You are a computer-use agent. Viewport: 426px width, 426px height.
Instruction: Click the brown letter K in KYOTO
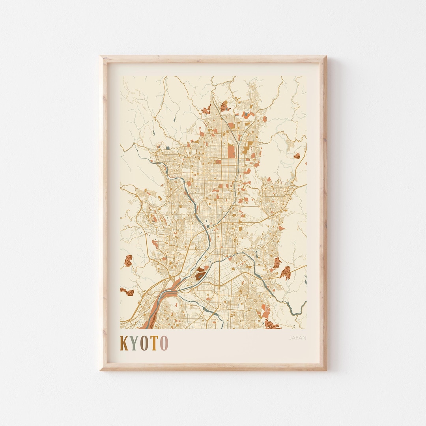pos(124,343)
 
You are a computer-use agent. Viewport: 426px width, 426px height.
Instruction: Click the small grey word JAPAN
pos(297,338)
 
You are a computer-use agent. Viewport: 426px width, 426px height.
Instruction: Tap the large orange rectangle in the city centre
pos(231,151)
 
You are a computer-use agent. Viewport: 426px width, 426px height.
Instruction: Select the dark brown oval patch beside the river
pos(200,273)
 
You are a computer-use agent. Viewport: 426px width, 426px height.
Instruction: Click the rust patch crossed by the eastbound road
pos(286,272)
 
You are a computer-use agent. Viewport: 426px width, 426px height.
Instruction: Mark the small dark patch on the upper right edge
pos(297,156)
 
